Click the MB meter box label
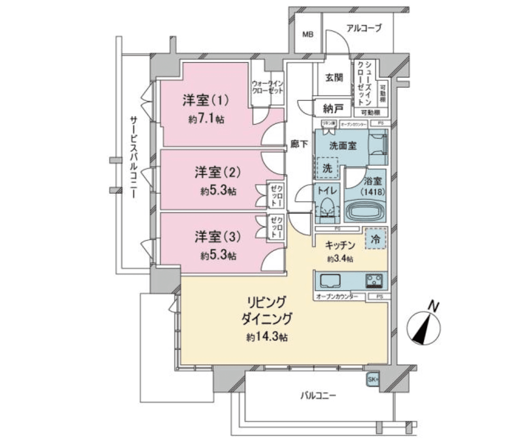coord(308,35)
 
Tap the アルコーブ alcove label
coord(364,28)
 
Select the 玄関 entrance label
coord(334,77)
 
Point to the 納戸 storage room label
coord(333,109)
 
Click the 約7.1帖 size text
coord(206,119)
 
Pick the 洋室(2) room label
coord(218,173)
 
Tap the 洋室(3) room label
coord(218,237)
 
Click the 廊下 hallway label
coord(299,144)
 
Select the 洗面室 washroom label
coord(343,145)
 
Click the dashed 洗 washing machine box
coord(327,168)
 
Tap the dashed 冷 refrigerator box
coord(375,238)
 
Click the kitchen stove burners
coord(374,281)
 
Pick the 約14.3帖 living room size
coord(267,337)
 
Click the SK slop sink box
coord(372,379)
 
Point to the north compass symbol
coord(423,328)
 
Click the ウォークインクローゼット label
coord(268,87)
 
